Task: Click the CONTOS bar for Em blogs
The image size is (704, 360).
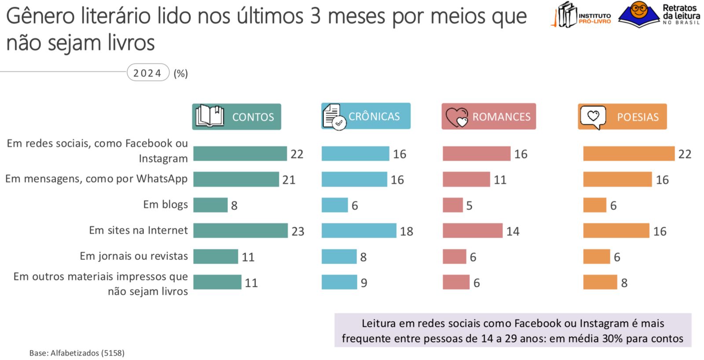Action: pos(210,205)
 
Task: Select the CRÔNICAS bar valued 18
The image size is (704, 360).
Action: pos(359,231)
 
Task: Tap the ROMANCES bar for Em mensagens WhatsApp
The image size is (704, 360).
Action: pos(466,180)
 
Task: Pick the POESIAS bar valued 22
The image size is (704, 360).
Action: pos(628,154)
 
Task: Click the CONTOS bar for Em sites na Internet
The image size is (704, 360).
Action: pos(240,231)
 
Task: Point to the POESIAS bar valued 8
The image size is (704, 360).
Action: pos(600,282)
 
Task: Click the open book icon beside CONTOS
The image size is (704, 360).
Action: pos(209,116)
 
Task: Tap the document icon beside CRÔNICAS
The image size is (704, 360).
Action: pos(334,116)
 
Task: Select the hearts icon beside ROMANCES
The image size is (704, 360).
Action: pos(456,117)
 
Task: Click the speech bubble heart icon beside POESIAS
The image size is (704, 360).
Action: pos(593,117)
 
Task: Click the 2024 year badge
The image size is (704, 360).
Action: pos(148,73)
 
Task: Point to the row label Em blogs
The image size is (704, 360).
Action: pos(165,205)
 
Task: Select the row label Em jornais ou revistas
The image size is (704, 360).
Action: pos(134,256)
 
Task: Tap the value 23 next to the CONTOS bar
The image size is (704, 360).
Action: pos(298,231)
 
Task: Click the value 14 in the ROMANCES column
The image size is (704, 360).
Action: pos(513,231)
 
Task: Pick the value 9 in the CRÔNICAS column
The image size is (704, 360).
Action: pos(364,283)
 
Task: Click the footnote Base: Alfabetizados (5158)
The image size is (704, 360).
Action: pos(77,353)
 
